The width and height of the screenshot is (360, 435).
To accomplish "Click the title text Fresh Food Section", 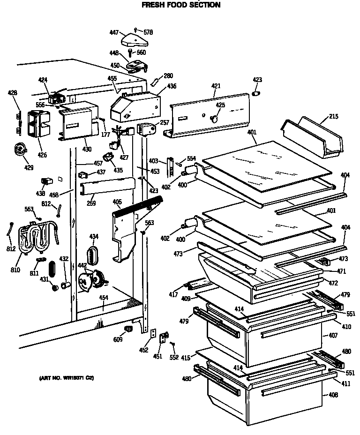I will tap(180, 5).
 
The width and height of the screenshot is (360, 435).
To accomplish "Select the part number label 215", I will tap(333, 116).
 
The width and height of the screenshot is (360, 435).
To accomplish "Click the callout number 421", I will tap(216, 86).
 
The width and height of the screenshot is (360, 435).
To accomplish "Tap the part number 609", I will tap(118, 339).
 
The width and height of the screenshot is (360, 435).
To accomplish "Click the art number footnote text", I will tap(66, 378).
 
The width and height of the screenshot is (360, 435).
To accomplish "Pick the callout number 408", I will tap(333, 395).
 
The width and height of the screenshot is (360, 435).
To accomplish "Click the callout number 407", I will tap(333, 336).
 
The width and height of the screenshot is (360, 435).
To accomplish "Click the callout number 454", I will tap(104, 298).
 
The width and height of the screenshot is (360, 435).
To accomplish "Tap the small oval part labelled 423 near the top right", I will tap(256, 94).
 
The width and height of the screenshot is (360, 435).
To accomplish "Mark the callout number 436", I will tap(172, 86).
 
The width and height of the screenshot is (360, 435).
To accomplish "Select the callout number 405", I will tap(117, 202).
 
